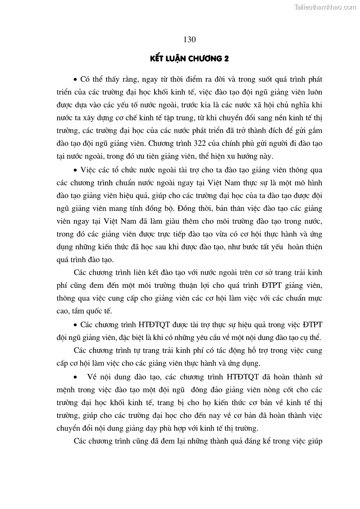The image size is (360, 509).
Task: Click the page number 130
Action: [190, 39]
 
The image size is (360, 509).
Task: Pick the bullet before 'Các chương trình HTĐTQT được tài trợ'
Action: [75, 325]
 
